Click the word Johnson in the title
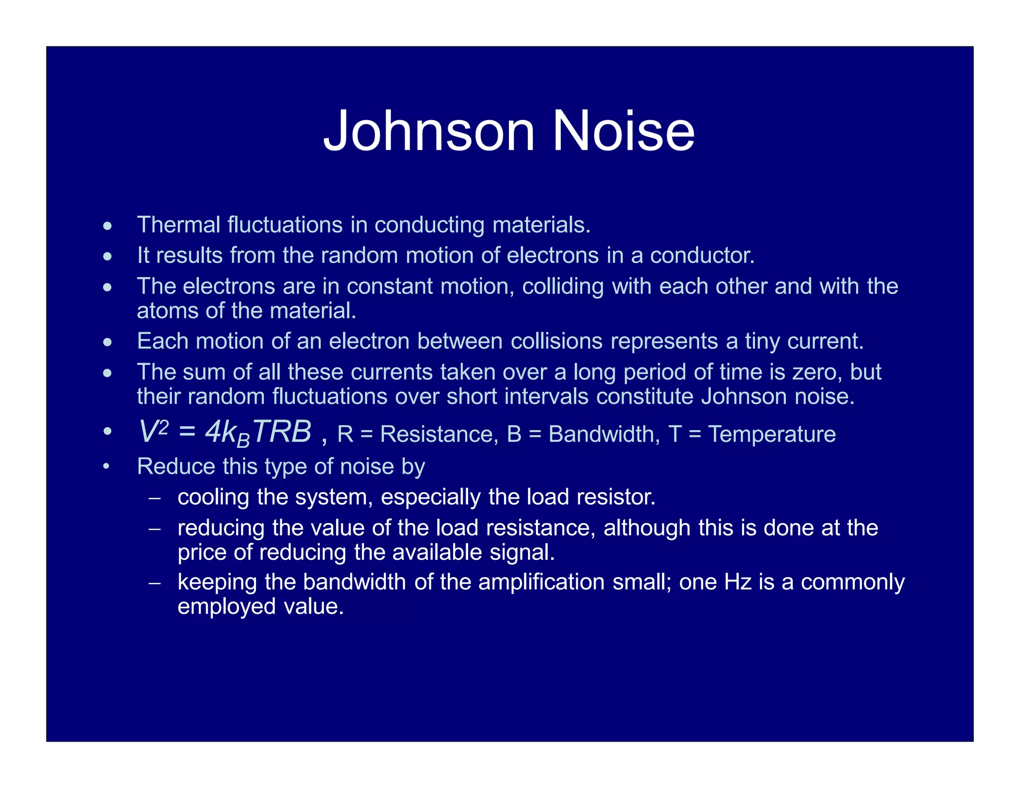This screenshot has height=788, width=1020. pyautogui.click(x=429, y=131)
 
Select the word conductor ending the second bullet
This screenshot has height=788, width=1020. pyautogui.click(x=702, y=256)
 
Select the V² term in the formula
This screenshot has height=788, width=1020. pyautogui.click(x=153, y=431)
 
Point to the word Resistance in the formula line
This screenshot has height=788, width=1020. pyautogui.click(x=439, y=434)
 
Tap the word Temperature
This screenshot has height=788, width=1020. pyautogui.click(x=771, y=434)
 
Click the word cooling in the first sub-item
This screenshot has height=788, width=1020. pyautogui.click(x=213, y=498)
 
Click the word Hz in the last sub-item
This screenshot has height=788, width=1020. pyautogui.click(x=738, y=582)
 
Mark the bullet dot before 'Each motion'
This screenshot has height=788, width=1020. pyautogui.click(x=108, y=343)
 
